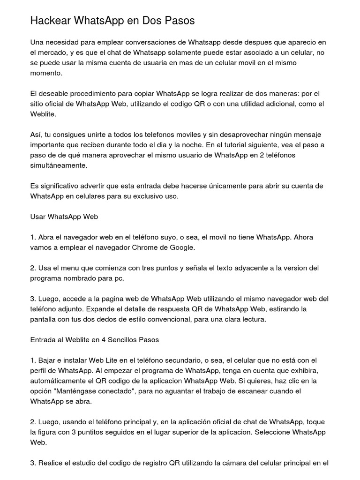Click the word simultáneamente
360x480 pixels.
(59, 165)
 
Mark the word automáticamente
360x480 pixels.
(60, 381)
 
